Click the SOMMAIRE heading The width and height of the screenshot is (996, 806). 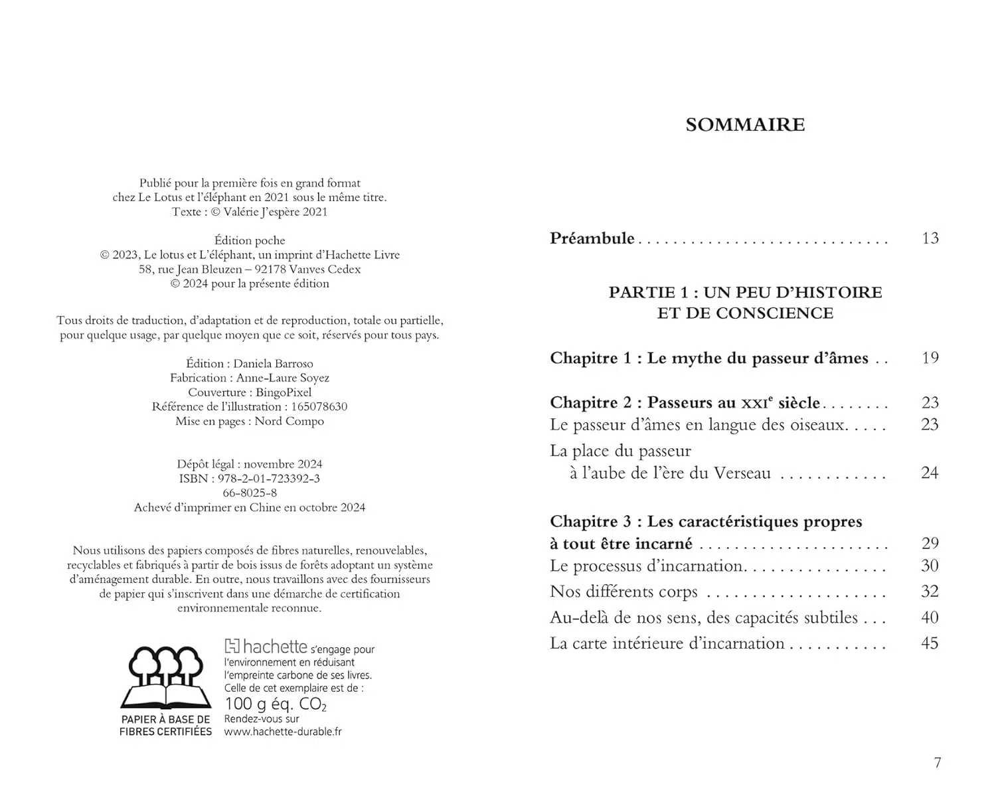point(745,125)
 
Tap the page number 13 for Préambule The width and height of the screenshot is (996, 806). point(930,238)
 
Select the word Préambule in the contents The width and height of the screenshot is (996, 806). point(592,238)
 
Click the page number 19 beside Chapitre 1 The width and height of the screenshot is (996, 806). point(930,358)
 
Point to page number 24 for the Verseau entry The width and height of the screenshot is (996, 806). point(930,473)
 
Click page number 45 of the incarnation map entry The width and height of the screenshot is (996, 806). point(930,643)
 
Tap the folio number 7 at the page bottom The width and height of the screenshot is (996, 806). point(938,763)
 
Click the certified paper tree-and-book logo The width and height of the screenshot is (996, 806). point(165,677)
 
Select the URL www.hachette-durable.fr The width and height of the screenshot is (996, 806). point(283,732)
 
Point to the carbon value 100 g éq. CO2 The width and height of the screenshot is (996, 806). point(276,704)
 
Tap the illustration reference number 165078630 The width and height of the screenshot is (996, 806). point(316,406)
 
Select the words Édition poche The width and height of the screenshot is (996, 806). point(250,240)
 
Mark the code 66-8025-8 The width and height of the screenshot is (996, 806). point(250,493)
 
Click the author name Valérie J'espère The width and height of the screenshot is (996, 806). point(260,212)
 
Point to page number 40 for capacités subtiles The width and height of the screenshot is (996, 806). point(930,617)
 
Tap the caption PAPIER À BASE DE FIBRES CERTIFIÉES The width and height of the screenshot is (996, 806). point(165,725)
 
